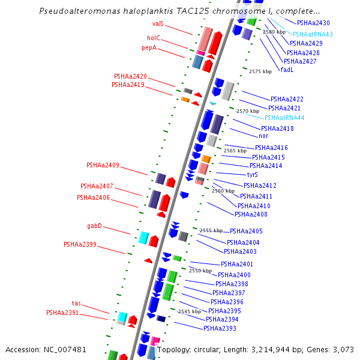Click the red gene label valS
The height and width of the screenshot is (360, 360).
158,23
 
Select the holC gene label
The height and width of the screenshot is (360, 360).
154,38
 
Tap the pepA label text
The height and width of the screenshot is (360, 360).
149,48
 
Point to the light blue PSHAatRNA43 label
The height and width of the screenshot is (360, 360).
313,34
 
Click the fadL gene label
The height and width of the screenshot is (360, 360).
287,70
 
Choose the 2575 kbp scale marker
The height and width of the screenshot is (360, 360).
260,71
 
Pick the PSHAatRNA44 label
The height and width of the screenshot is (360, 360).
284,118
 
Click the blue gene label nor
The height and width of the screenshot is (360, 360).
263,136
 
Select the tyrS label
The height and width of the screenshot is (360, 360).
253,175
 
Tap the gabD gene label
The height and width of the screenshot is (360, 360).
94,226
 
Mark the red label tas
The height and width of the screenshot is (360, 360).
76,303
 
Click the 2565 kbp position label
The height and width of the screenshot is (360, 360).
235,151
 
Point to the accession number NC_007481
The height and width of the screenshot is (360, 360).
65,349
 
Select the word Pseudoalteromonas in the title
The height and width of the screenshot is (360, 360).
80,11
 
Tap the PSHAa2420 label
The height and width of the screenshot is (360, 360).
130,76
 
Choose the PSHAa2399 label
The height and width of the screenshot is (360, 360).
80,244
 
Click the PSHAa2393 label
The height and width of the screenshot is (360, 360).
220,328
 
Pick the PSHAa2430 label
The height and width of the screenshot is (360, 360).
313,23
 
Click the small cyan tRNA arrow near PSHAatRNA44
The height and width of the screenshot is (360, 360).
212,103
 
